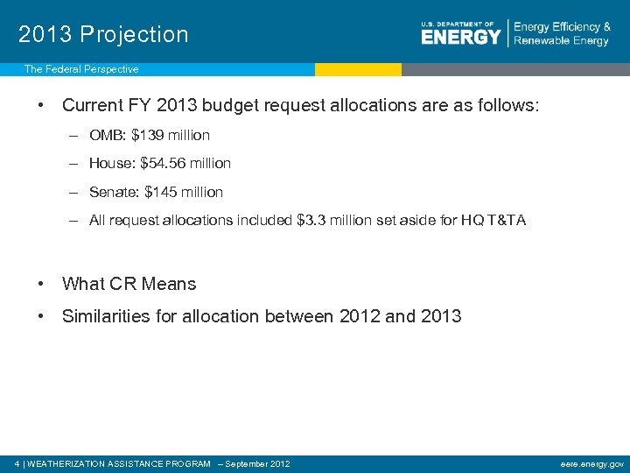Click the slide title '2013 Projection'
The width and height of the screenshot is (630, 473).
(x=103, y=34)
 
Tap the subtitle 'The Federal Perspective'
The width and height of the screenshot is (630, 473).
(x=80, y=69)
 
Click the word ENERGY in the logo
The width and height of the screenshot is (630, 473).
(x=460, y=37)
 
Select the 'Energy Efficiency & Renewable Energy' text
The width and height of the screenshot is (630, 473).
(x=562, y=34)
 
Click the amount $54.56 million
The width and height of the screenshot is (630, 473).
(x=185, y=163)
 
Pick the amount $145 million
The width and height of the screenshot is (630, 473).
(x=184, y=192)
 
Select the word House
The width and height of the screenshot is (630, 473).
(x=108, y=163)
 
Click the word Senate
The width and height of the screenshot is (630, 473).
(x=112, y=192)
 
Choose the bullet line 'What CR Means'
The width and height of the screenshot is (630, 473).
(x=129, y=284)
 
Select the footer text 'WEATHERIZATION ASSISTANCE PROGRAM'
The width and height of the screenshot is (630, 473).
(x=119, y=463)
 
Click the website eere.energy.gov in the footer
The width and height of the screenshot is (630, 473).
(x=592, y=463)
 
